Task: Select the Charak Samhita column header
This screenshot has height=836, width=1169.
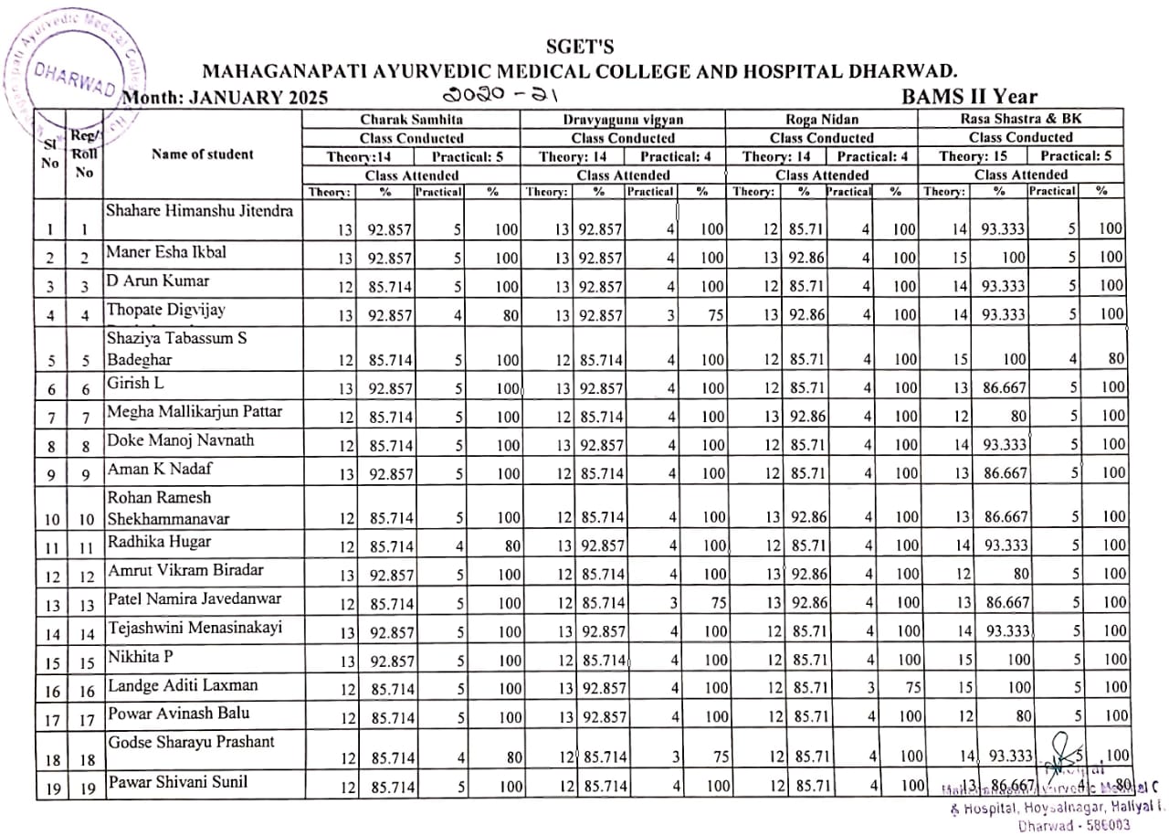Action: (x=411, y=120)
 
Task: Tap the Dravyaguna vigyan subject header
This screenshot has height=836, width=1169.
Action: (x=623, y=120)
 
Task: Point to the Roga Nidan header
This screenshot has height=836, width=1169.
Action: (x=821, y=120)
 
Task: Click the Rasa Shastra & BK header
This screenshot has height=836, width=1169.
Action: (x=1020, y=120)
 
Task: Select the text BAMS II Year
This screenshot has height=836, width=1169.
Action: (x=968, y=97)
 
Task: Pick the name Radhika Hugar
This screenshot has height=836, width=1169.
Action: (x=159, y=542)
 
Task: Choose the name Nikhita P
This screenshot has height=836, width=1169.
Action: (x=141, y=656)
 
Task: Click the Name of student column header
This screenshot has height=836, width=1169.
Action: (x=203, y=154)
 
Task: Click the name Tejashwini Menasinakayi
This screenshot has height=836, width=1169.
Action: (x=195, y=628)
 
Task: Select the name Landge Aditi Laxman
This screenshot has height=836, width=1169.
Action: (x=183, y=685)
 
